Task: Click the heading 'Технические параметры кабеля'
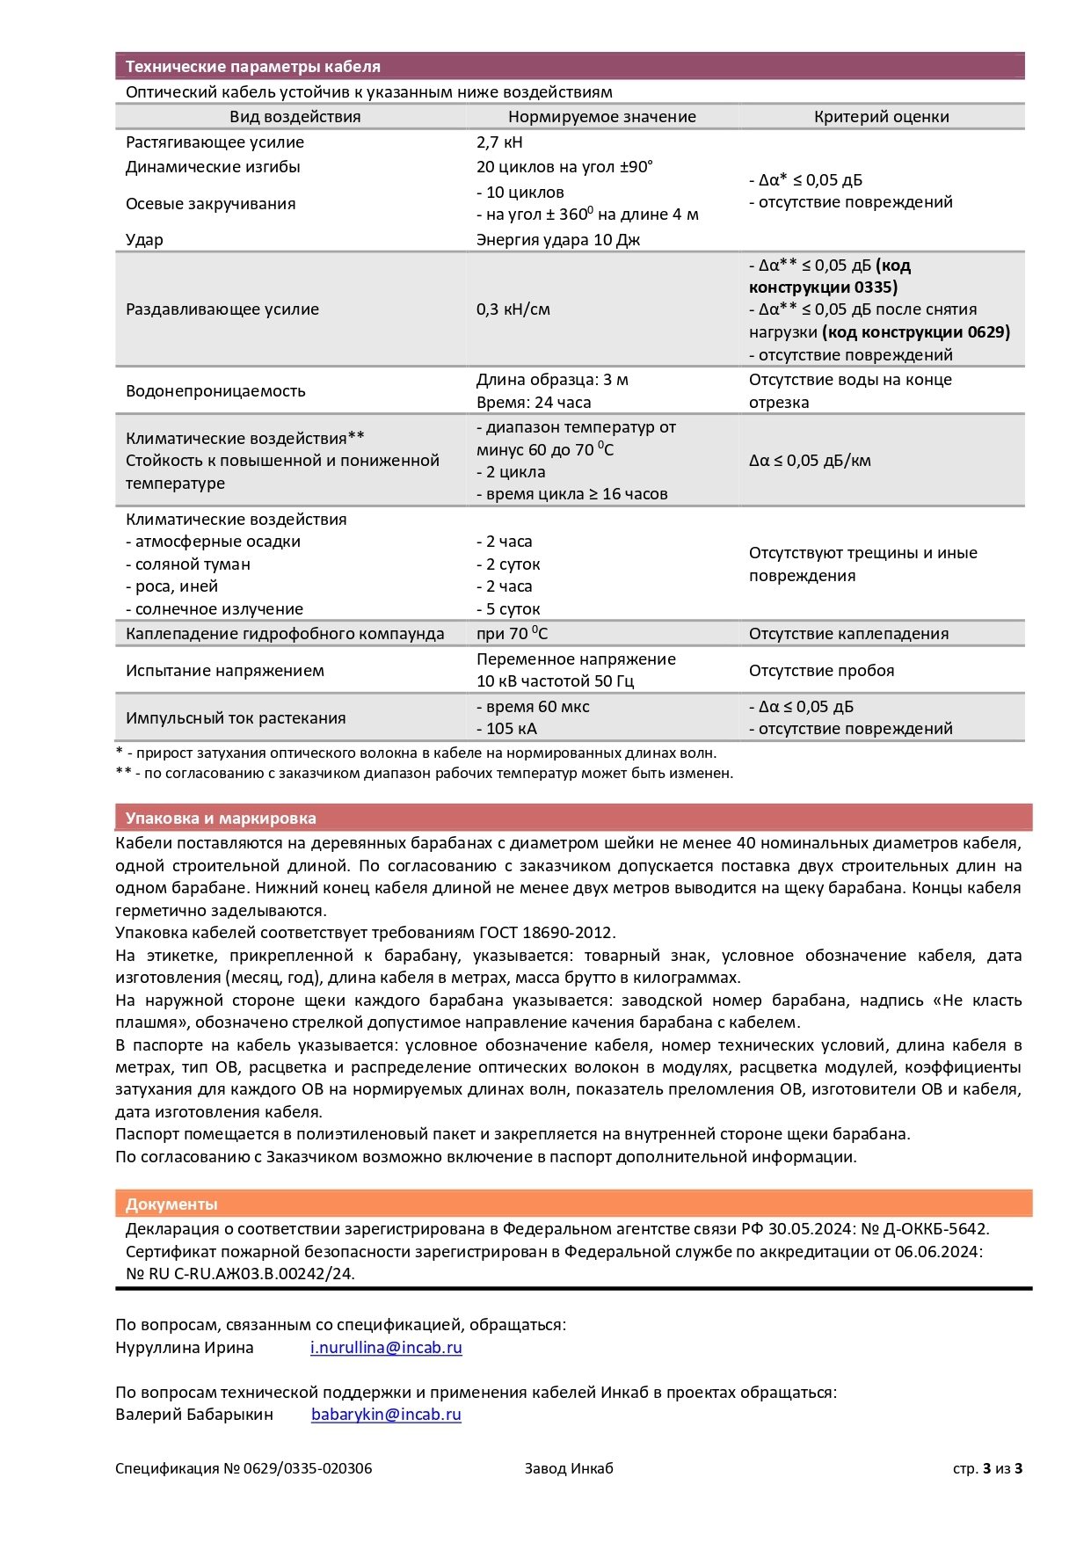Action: (x=252, y=67)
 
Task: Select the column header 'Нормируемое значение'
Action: (x=601, y=117)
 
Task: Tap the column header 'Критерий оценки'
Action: (x=881, y=117)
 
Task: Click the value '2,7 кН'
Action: (x=499, y=142)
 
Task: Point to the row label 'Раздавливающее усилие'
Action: (x=222, y=309)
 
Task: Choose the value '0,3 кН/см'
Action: (x=513, y=309)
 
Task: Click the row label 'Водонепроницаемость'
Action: (x=215, y=391)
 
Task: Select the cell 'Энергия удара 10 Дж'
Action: (x=558, y=240)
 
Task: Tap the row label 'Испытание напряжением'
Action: (x=225, y=671)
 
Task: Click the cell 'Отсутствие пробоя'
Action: (x=821, y=671)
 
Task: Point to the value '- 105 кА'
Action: (x=506, y=729)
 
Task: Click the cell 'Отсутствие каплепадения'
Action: (x=848, y=634)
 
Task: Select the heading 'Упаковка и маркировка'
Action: (x=221, y=819)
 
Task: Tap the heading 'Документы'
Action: (x=171, y=1205)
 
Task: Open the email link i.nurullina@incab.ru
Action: (x=386, y=1348)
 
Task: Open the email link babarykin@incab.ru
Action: (x=386, y=1415)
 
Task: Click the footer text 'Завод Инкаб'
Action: (x=569, y=1468)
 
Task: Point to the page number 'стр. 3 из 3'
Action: (x=987, y=1468)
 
